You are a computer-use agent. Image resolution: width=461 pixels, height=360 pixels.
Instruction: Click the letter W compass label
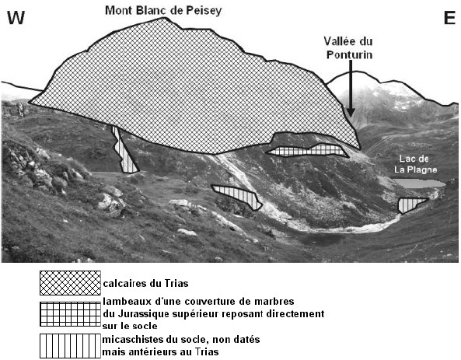pyautogui.click(x=16, y=18)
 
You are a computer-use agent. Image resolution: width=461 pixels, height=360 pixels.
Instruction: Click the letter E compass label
pyautogui.click(x=449, y=18)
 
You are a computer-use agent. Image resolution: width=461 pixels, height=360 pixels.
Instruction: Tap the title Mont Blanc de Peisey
pyautogui.click(x=163, y=11)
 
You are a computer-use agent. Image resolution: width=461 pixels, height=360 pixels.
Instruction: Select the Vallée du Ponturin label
pyautogui.click(x=349, y=48)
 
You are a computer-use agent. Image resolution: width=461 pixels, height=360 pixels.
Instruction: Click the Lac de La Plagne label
pyautogui.click(x=415, y=164)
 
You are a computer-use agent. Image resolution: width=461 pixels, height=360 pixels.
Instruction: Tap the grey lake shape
pyautogui.click(x=419, y=183)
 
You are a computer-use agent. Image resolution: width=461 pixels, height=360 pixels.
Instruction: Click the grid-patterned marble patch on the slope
pyautogui.click(x=308, y=150)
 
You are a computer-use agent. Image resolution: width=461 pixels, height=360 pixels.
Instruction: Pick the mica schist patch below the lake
pyautogui.click(x=409, y=204)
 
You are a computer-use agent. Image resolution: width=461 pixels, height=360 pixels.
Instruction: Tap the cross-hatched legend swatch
pyautogui.click(x=70, y=283)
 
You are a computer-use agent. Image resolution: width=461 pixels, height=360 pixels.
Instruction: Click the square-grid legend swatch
pyautogui.click(x=70, y=314)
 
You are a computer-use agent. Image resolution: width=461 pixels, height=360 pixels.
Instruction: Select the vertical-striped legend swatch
pyautogui.click(x=70, y=345)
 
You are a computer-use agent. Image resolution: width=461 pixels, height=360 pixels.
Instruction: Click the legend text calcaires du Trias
pyautogui.click(x=145, y=284)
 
